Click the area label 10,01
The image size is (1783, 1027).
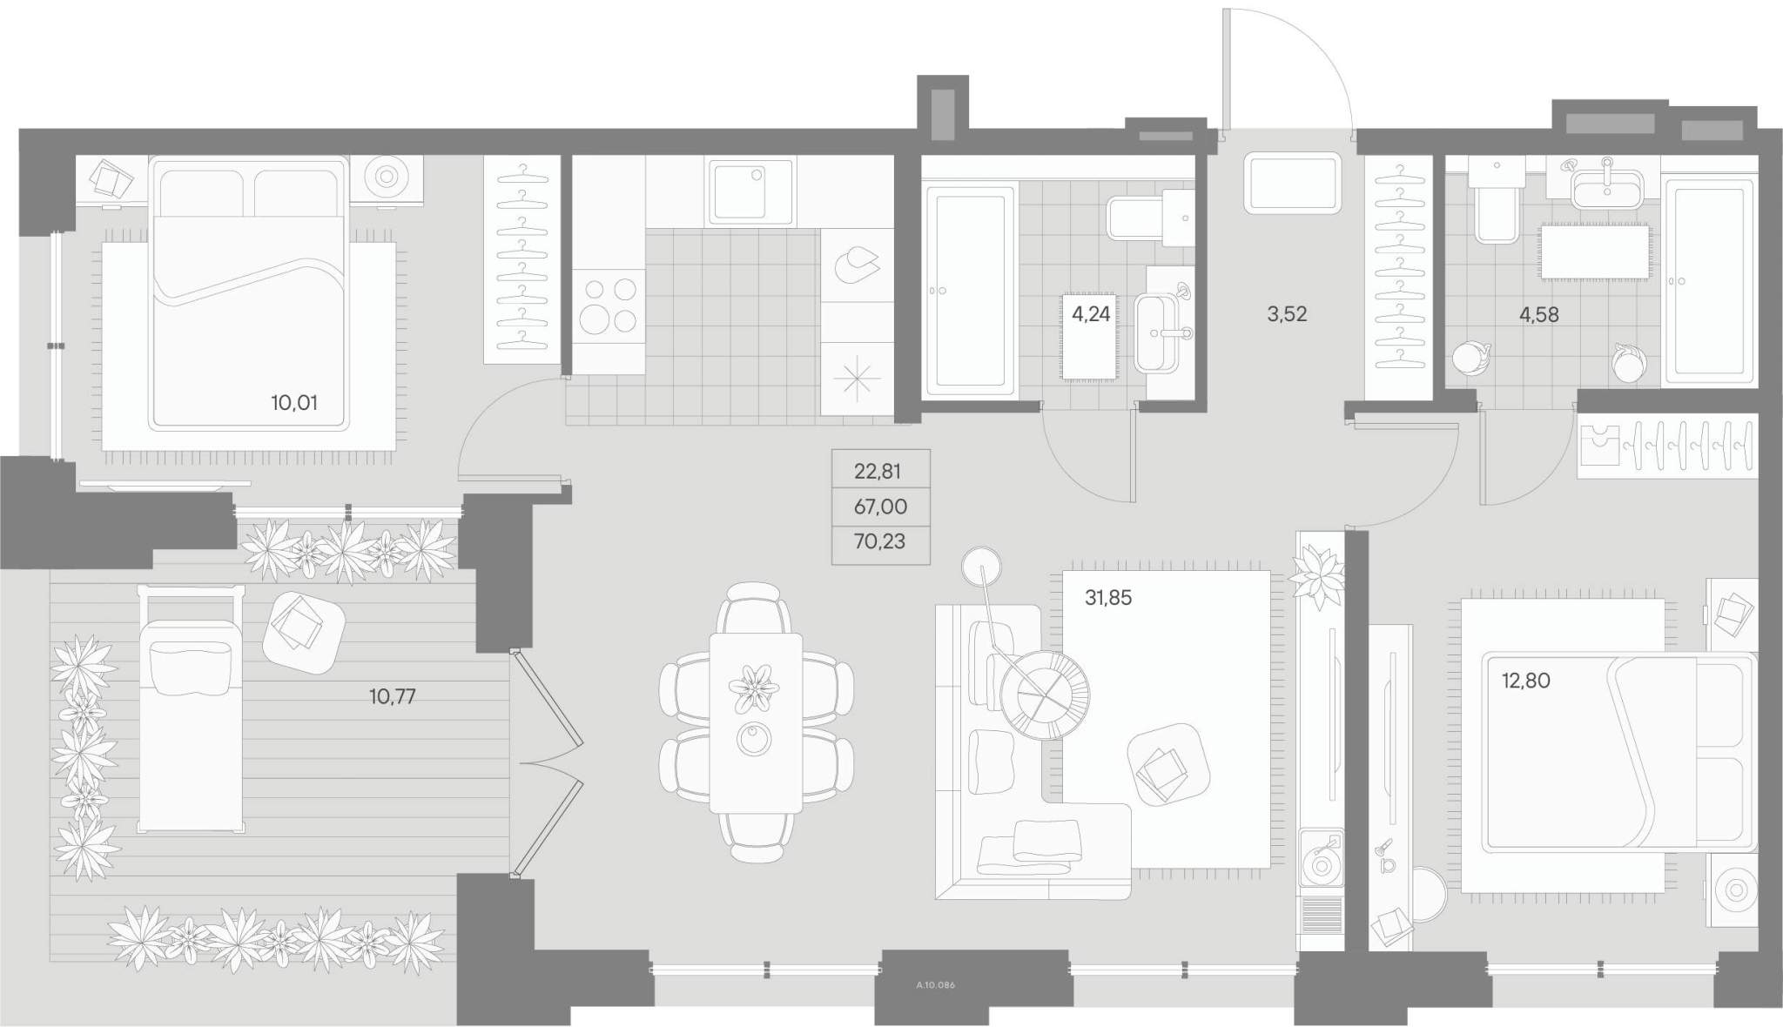click(294, 403)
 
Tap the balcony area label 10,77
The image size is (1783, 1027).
click(393, 696)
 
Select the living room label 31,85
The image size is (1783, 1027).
click(1108, 598)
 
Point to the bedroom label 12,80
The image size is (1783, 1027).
click(1525, 681)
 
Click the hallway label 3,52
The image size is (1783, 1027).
click(1287, 314)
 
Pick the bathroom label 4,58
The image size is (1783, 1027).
click(1539, 314)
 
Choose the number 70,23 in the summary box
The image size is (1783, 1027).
click(880, 541)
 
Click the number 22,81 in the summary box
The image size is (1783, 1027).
click(878, 472)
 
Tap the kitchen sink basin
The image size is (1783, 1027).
click(750, 191)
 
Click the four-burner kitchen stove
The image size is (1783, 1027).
click(609, 305)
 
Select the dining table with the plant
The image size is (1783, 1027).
click(756, 723)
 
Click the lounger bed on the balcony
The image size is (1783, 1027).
click(191, 708)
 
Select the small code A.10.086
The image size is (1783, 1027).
click(936, 985)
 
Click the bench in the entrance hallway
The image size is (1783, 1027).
click(1292, 183)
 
